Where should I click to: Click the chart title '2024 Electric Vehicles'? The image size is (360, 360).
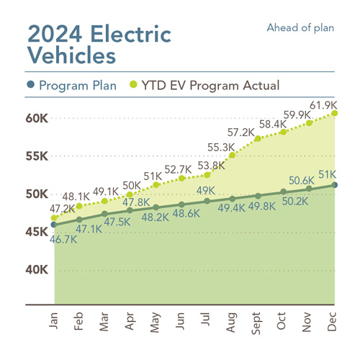[99, 43]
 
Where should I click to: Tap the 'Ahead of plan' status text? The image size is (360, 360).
[300, 28]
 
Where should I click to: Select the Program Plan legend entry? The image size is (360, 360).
[73, 86]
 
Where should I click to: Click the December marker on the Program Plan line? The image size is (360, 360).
[336, 185]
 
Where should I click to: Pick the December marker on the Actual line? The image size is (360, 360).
[336, 113]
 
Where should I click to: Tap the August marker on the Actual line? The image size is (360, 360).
[232, 155]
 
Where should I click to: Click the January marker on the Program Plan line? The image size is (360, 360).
[54, 225]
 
